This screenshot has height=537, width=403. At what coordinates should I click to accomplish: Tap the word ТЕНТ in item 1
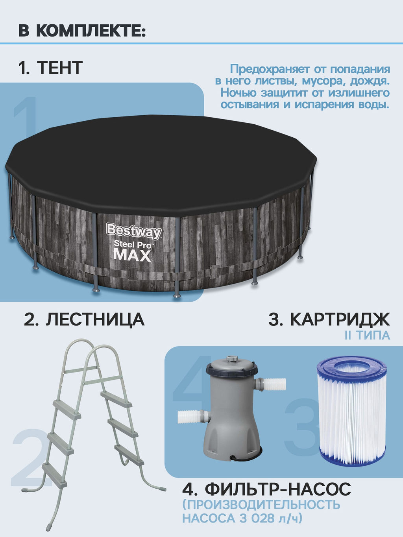(x=60, y=68)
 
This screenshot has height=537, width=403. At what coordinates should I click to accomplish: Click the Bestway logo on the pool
(x=133, y=231)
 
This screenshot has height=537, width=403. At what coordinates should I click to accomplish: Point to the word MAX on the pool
(x=132, y=255)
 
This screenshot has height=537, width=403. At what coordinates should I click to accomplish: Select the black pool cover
(x=161, y=161)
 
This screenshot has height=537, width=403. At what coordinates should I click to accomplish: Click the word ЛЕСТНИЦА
(x=95, y=319)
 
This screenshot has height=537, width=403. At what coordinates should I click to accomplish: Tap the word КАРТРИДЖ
(x=340, y=319)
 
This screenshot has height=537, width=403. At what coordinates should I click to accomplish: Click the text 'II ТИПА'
(x=367, y=336)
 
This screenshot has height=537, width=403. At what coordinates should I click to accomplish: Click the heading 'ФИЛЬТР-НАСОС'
(x=278, y=490)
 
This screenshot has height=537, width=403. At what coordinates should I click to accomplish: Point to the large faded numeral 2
(x=30, y=458)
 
